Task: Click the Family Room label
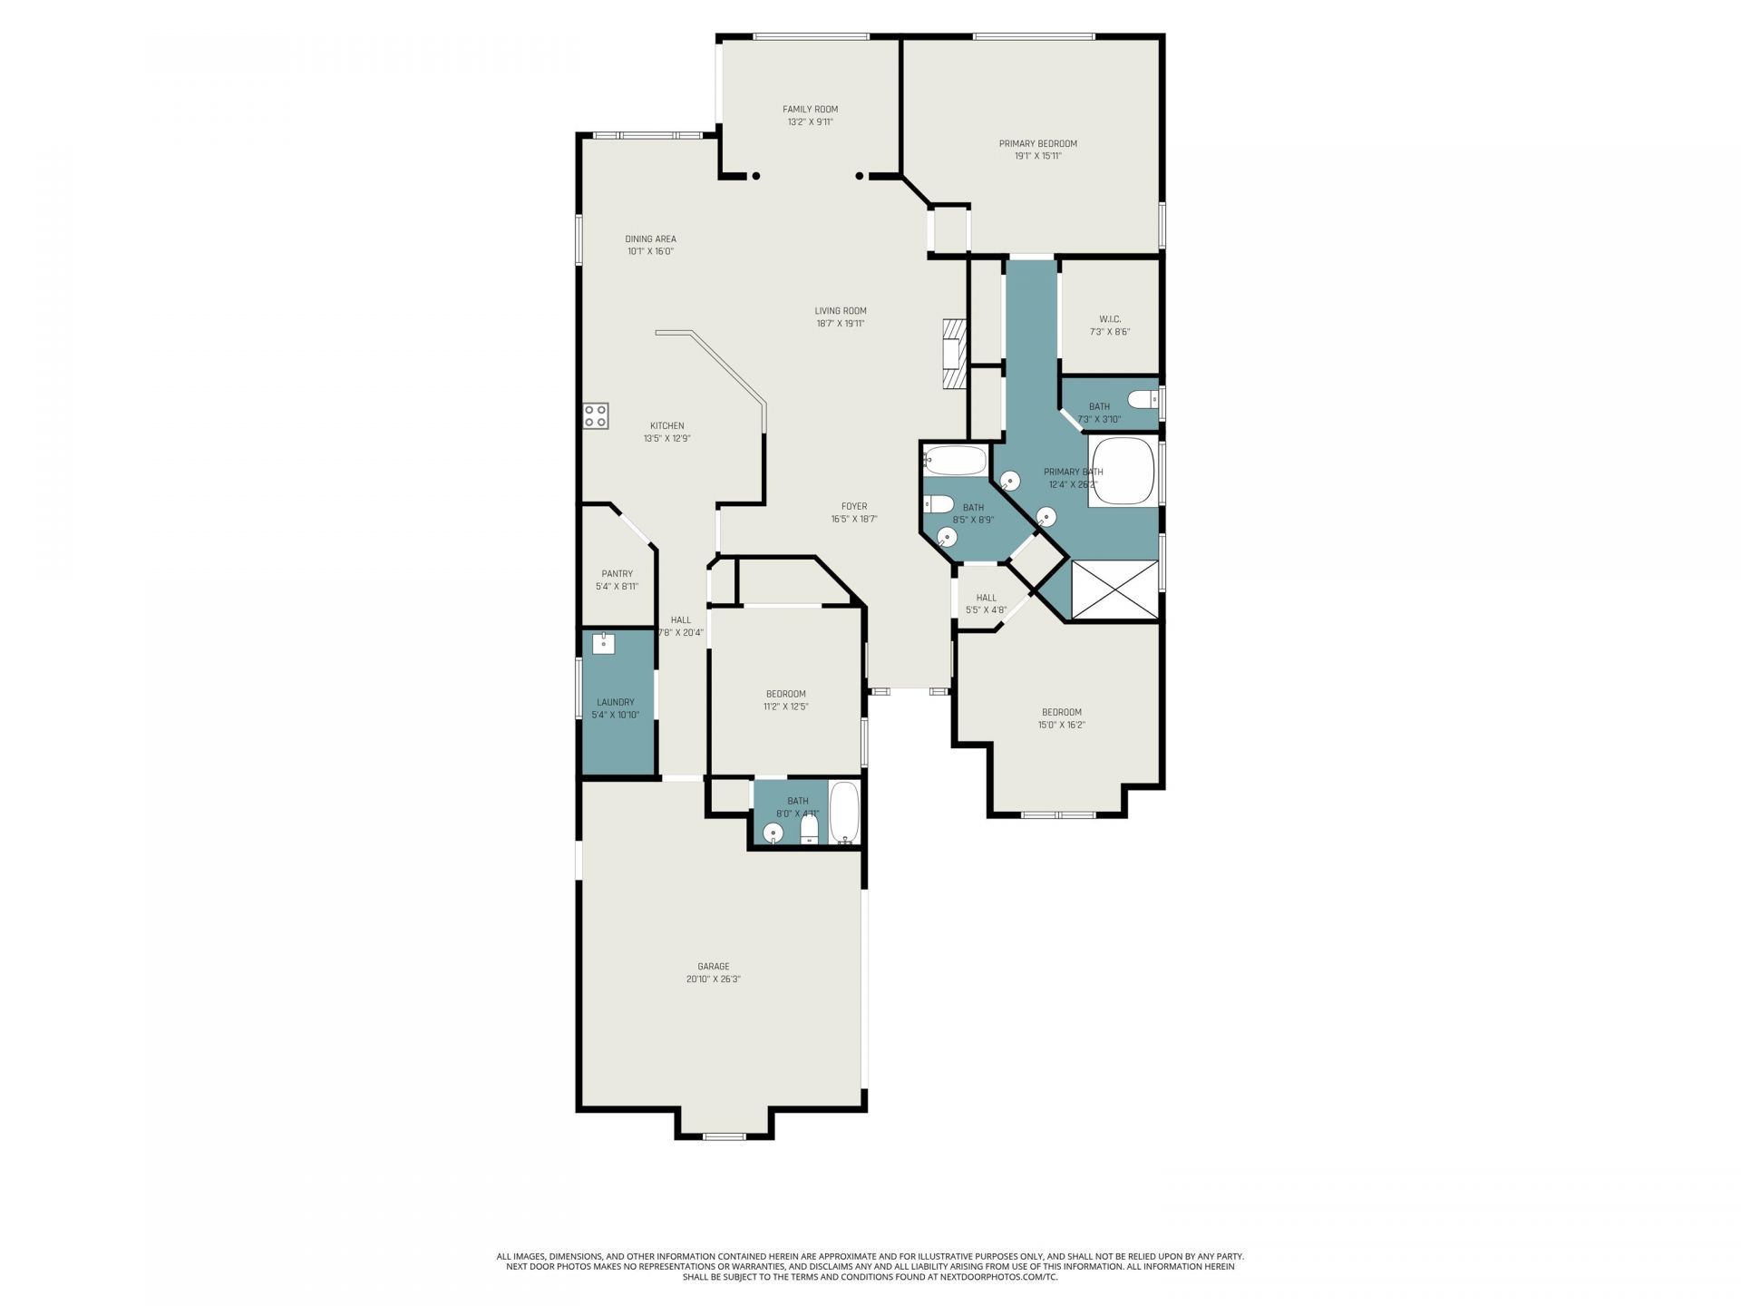[810, 109]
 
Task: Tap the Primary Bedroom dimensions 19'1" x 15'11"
[1037, 156]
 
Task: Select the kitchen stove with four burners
[596, 416]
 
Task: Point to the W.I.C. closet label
[1110, 319]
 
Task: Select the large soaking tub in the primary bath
[1123, 472]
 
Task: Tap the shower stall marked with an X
[1114, 590]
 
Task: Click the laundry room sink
[603, 643]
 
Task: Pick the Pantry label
[617, 573]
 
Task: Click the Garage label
[713, 966]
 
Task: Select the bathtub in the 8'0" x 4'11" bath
[843, 813]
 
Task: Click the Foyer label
[853, 506]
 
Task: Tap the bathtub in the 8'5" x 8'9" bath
[955, 461]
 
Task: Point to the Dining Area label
[650, 239]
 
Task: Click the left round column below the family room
[755, 176]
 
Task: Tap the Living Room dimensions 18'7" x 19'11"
[840, 323]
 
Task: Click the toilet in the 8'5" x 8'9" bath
[937, 504]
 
